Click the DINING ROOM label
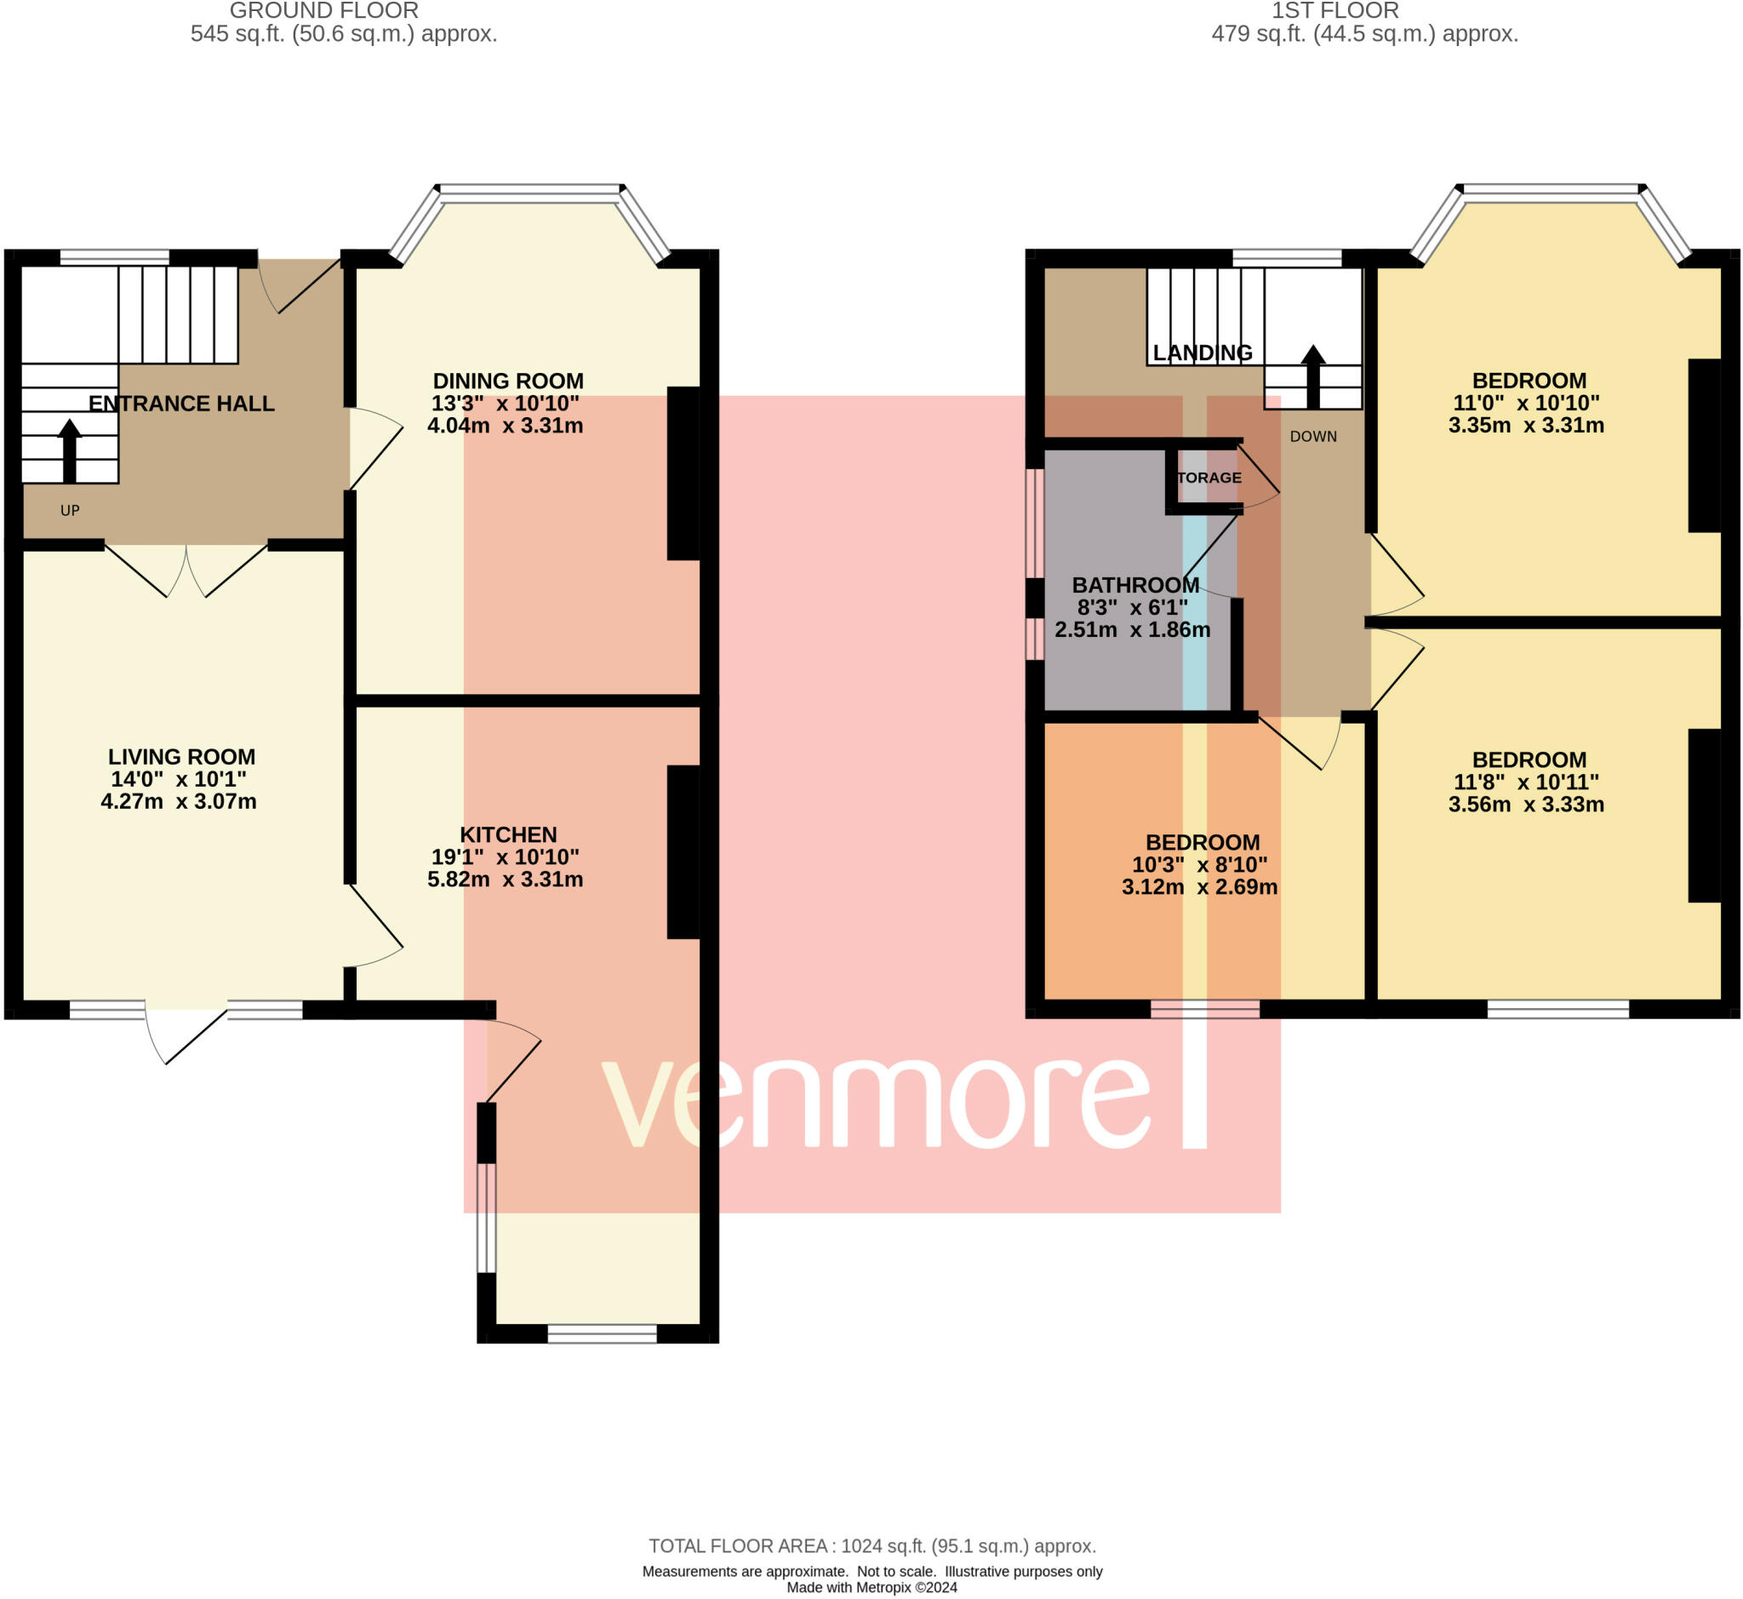[x=508, y=381]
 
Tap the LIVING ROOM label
[x=181, y=757]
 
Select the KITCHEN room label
[x=508, y=835]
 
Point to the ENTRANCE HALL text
[x=181, y=404]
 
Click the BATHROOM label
[x=1134, y=585]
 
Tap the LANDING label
[x=1203, y=353]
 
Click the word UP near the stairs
[x=70, y=511]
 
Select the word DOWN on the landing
[x=1313, y=437]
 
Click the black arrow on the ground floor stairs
[x=69, y=450]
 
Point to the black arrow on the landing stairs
[x=1313, y=376]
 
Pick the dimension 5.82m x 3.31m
[x=506, y=879]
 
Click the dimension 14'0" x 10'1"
[x=179, y=780]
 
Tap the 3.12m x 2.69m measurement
[x=1200, y=887]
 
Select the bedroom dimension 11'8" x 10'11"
[x=1527, y=782]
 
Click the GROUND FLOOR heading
[x=324, y=11]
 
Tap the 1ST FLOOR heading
[x=1334, y=11]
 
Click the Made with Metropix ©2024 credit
[x=872, y=1588]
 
